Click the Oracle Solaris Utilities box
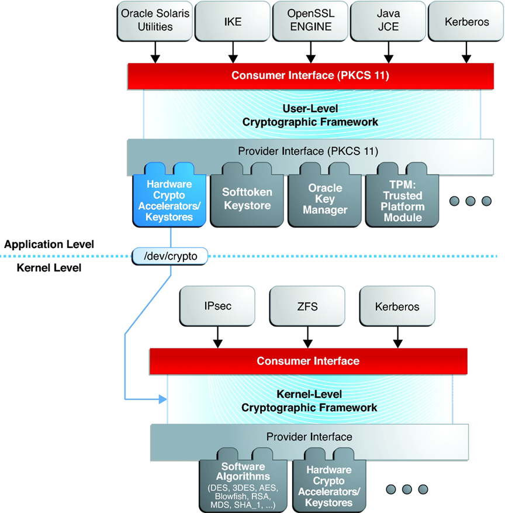point(155,21)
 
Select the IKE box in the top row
point(233,21)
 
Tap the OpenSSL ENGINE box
point(310,21)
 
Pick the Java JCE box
point(388,21)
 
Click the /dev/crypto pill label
point(170,256)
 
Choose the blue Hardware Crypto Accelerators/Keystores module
point(170,195)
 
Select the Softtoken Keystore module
point(247,195)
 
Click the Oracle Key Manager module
point(325,195)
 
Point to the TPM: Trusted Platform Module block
point(402,195)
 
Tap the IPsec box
point(217,307)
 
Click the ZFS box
point(307,307)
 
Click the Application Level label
point(49,245)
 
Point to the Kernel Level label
point(49,268)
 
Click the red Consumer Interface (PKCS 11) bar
point(310,76)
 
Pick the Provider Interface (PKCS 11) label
point(308,151)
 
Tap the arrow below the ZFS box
point(307,337)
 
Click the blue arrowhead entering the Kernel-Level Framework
point(162,399)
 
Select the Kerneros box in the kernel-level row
point(397,307)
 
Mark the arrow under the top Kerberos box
point(466,52)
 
